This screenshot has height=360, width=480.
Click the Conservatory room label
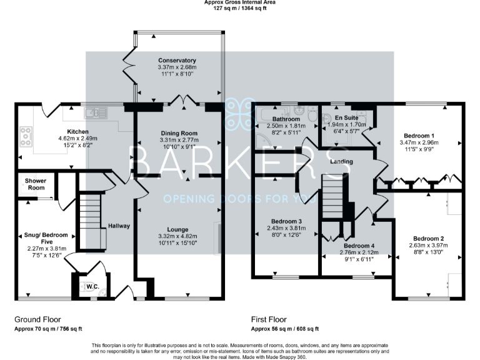tap(177, 60)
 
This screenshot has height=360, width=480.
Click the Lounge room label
tap(177, 229)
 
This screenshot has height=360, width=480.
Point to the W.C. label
tap(93, 287)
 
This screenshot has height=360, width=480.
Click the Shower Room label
tap(36, 184)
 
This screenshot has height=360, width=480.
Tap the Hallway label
tap(118, 226)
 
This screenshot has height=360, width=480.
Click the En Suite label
tap(346, 117)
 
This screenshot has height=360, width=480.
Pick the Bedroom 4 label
tap(359, 246)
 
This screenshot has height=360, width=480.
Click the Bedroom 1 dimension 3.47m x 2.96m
tap(418, 142)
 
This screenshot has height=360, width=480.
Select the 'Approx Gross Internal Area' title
tap(239, 2)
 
